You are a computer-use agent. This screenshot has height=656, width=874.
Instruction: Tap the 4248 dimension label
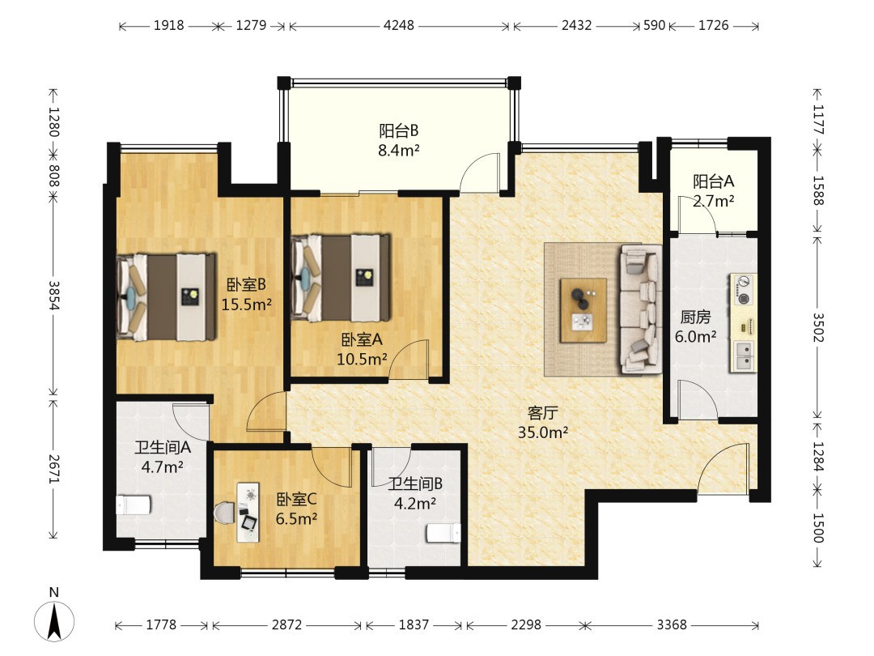click(398, 25)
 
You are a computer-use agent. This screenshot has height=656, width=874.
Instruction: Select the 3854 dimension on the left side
click(53, 296)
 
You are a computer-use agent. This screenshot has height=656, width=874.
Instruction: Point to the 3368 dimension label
click(671, 624)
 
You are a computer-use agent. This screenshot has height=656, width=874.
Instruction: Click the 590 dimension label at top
click(655, 25)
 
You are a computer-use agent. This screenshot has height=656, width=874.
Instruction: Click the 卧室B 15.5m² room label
click(246, 295)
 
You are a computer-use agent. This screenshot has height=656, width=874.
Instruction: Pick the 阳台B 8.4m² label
click(398, 140)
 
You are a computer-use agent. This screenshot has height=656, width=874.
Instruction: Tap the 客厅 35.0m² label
click(542, 422)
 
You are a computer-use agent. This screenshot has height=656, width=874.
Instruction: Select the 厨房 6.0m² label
click(695, 326)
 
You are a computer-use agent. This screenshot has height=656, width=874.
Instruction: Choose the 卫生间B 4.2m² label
click(415, 494)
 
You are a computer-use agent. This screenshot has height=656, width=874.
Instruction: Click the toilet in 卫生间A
click(133, 505)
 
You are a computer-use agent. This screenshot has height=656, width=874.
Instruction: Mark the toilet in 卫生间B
click(443, 533)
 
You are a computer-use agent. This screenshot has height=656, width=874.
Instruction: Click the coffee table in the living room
click(583, 310)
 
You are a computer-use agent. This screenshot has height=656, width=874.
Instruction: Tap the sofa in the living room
click(640, 309)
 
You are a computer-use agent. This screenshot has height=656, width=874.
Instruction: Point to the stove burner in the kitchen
click(743, 289)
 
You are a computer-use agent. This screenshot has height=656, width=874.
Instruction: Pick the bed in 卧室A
click(340, 278)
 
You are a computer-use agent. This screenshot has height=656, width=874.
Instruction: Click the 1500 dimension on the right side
click(817, 527)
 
